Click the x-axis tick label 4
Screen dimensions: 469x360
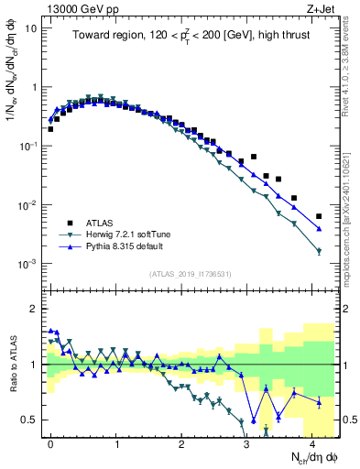click(312, 442)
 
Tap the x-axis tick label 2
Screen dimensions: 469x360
click(182, 442)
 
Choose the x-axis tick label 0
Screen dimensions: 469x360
click(51, 442)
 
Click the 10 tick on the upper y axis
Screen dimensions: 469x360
click(31, 28)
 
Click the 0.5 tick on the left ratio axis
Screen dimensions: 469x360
click(28, 420)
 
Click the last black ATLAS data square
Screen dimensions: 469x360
click(319, 216)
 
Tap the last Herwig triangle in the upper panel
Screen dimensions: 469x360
click(319, 251)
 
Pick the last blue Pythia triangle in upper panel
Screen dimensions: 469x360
click(319, 229)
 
